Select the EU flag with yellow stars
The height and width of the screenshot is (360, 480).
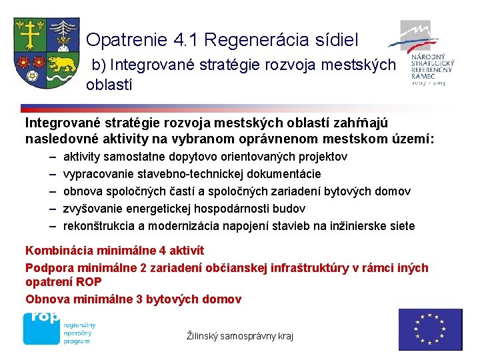[430, 329]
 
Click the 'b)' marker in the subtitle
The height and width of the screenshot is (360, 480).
[99, 65]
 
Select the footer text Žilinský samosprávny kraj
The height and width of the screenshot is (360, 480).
[239, 336]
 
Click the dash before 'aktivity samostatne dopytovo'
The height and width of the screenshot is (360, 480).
[52, 157]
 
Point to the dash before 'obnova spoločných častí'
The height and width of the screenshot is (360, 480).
[52, 191]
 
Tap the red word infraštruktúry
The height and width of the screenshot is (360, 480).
[301, 267]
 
